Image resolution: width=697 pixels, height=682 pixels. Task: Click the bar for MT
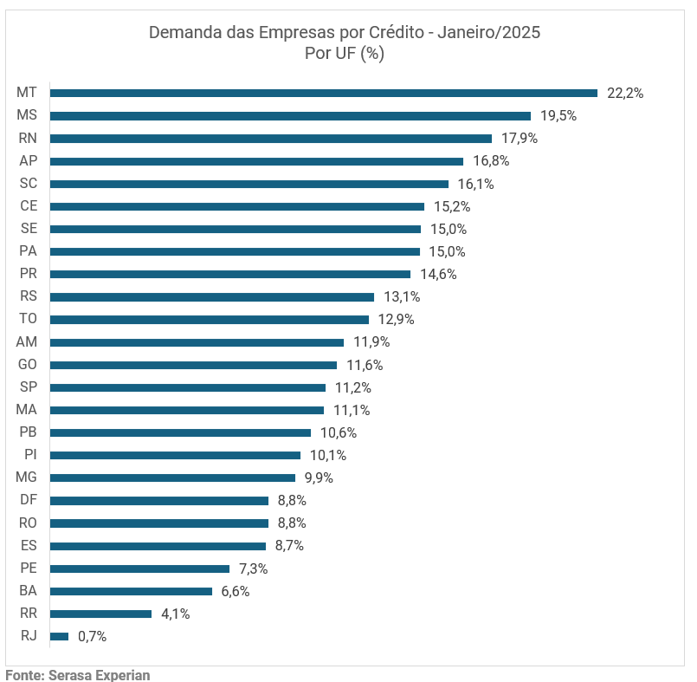coord(324,93)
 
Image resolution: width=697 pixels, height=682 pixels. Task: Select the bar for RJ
coord(59,636)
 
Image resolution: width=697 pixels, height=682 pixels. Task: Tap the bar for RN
coord(271,138)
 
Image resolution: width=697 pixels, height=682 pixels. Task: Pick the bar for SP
coord(188,387)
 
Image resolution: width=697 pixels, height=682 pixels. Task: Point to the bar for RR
coord(101,614)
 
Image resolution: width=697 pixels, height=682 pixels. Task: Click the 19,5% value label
coord(558,115)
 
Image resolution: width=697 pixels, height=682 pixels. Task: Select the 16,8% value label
coord(491,160)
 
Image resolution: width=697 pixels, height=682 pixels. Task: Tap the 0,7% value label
coord(92,636)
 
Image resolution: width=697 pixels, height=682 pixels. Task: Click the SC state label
coord(28,183)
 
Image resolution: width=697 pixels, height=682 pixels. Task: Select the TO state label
coord(28,319)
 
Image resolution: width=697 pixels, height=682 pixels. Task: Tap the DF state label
coord(28,500)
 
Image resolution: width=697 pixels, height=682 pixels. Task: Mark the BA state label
coord(28,591)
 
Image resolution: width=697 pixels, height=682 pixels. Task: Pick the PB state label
coord(28,432)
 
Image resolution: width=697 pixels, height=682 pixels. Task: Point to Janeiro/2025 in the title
coord(489,33)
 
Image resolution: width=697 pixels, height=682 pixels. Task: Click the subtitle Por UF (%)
coord(345,54)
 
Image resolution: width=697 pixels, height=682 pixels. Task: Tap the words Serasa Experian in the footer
coord(100,674)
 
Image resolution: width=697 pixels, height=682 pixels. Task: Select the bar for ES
coord(158,546)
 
